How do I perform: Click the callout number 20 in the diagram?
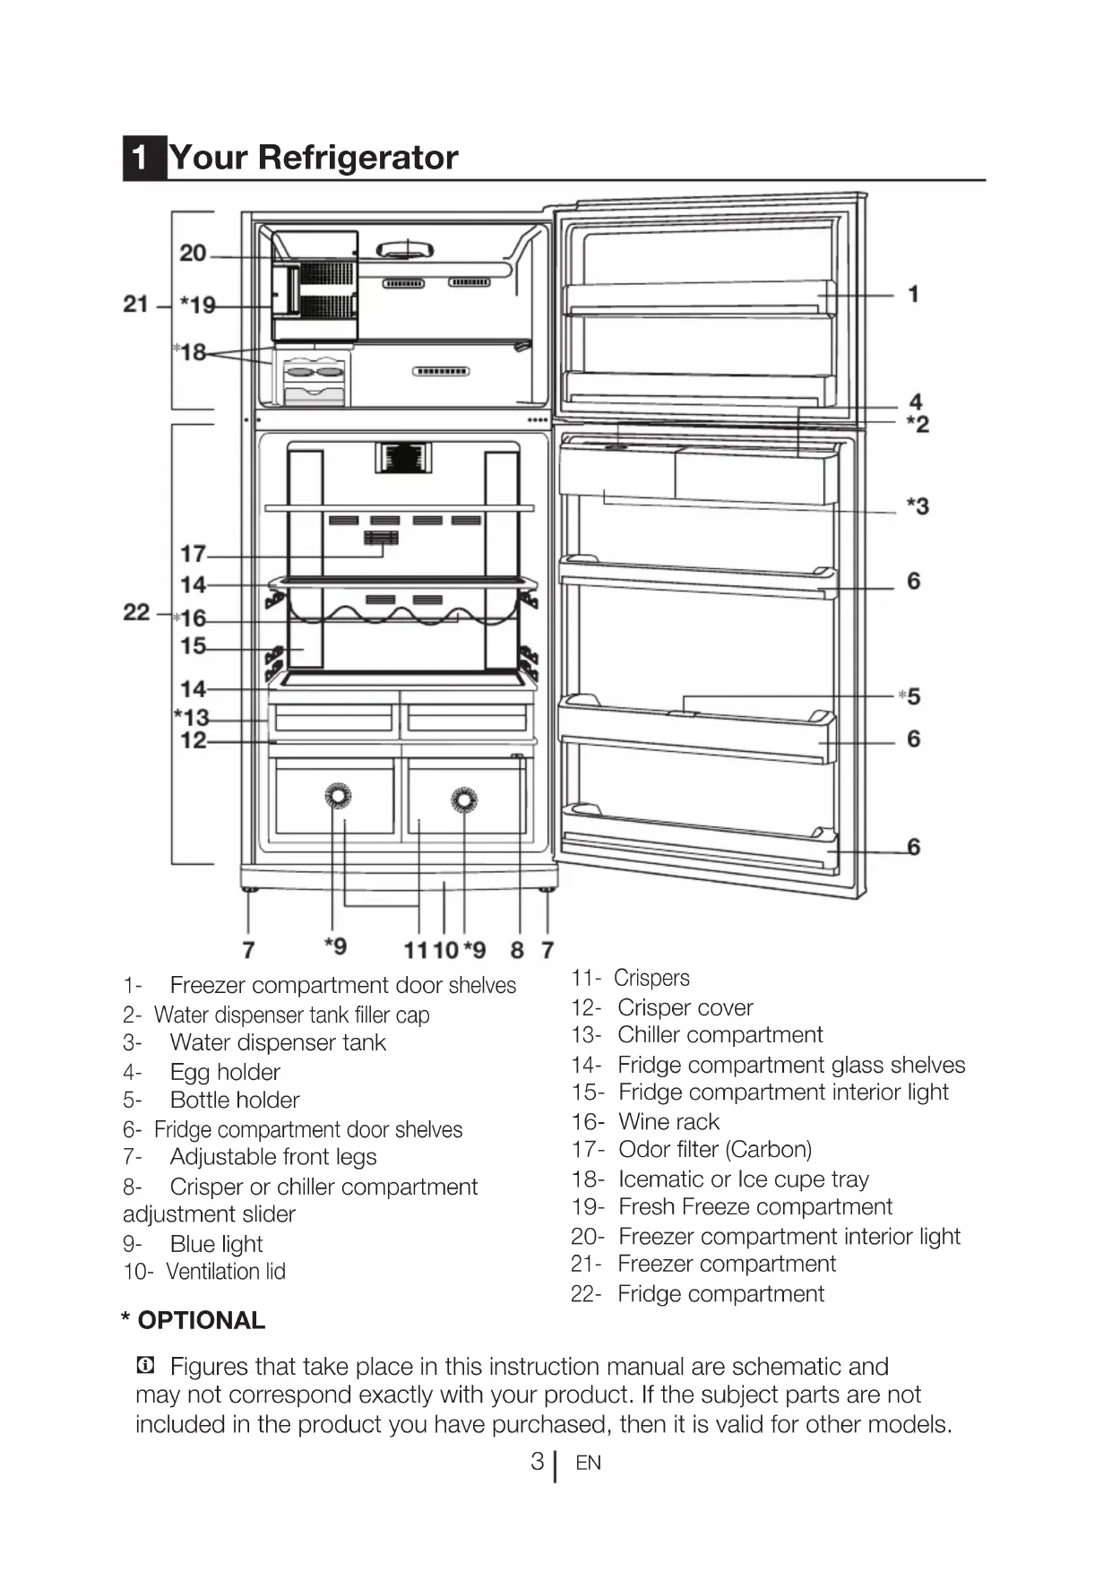click(x=193, y=254)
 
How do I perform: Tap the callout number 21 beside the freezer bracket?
click(x=136, y=305)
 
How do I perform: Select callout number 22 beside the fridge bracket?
click(x=136, y=612)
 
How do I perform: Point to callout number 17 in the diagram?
click(x=193, y=554)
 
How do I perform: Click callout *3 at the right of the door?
click(x=918, y=506)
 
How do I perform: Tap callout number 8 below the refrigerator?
click(x=517, y=949)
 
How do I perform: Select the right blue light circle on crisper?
click(x=464, y=799)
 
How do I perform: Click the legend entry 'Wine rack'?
click(x=668, y=1122)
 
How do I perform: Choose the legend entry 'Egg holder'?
click(x=225, y=1072)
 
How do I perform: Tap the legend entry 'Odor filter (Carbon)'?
click(x=715, y=1150)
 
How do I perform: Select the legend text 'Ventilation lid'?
click(x=226, y=1272)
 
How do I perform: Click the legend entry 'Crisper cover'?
click(x=685, y=1008)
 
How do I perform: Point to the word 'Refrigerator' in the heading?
click(x=358, y=158)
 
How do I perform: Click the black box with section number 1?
click(x=142, y=158)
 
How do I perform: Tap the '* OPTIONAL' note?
click(x=194, y=1320)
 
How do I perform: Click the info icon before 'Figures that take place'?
click(x=144, y=1366)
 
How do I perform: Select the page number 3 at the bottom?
click(x=538, y=1462)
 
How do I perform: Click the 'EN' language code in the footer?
click(x=588, y=1464)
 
